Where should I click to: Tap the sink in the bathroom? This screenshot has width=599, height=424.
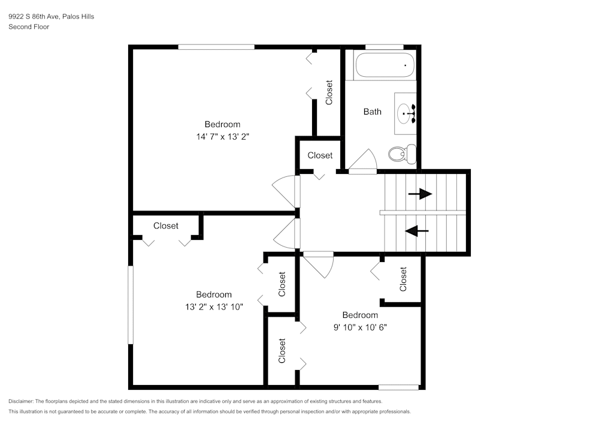click(407, 112)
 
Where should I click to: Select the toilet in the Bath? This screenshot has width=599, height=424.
click(401, 154)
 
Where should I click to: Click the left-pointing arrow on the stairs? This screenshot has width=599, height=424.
click(418, 231)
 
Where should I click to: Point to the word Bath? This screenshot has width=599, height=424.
click(372, 112)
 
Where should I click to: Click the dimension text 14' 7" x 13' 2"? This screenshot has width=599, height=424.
click(222, 136)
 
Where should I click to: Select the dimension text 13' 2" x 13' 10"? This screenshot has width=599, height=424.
click(214, 306)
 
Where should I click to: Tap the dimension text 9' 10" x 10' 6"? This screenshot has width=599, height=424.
click(360, 327)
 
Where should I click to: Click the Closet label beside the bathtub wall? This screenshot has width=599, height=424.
click(329, 93)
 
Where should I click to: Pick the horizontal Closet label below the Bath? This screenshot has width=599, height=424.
click(320, 155)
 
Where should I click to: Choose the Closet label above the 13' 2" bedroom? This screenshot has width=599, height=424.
click(166, 226)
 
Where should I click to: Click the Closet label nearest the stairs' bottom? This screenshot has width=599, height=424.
click(403, 279)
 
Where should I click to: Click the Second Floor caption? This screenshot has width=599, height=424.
click(29, 27)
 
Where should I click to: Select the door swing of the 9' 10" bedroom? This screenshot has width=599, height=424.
click(319, 264)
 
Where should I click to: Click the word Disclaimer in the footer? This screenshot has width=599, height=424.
click(21, 401)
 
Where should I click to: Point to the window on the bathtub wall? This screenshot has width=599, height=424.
click(384, 47)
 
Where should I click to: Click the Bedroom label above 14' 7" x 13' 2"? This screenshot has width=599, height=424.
click(222, 124)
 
